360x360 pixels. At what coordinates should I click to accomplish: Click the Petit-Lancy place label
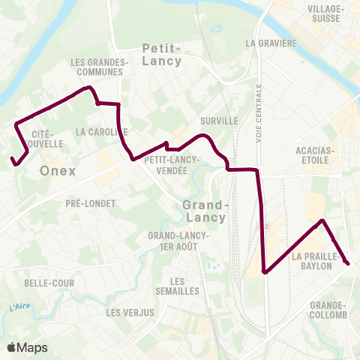tap(161, 55)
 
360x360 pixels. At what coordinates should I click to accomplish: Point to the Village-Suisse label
tap(325, 12)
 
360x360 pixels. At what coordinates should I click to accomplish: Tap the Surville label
tap(219, 120)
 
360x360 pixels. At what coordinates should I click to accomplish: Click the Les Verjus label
tap(130, 312)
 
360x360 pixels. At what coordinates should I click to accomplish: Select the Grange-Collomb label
tap(328, 310)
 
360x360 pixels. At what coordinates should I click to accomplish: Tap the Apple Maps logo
tap(27, 347)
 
